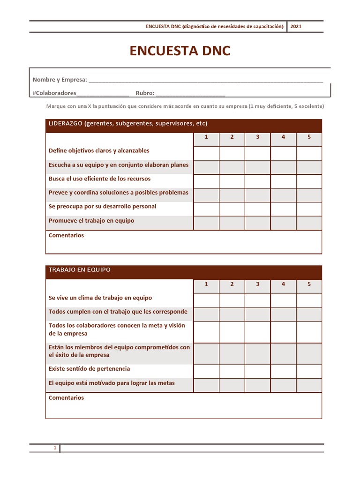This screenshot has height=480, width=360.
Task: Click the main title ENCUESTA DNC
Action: pyautogui.click(x=180, y=51)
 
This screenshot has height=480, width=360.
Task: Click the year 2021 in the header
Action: pyautogui.click(x=296, y=26)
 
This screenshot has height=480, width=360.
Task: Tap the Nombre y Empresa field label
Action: pyautogui.click(x=60, y=80)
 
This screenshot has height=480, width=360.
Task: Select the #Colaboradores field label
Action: pyautogui.click(x=54, y=93)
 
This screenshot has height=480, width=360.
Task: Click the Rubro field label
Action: pyautogui.click(x=145, y=93)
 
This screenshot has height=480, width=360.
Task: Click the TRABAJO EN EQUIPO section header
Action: pyautogui.click(x=80, y=270)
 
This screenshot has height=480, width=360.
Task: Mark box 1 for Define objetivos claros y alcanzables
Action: pyautogui.click(x=206, y=153)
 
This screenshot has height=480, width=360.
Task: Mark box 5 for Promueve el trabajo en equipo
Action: pyautogui.click(x=309, y=223)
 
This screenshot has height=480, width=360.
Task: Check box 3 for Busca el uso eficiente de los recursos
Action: pyautogui.click(x=257, y=181)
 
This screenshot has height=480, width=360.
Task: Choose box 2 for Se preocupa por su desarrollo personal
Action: pyautogui.click(x=232, y=209)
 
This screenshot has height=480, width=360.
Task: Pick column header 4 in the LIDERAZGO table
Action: pyautogui.click(x=283, y=137)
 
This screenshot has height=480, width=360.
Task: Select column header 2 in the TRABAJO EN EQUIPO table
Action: pyautogui.click(x=232, y=284)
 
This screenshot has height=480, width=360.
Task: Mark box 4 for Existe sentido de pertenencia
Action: pyautogui.click(x=283, y=371)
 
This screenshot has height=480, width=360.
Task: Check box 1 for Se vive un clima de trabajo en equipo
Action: pyautogui.click(x=206, y=300)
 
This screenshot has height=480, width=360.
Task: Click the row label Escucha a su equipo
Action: pyautogui.click(x=119, y=165)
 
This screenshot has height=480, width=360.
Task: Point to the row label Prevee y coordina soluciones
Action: pyautogui.click(x=119, y=193)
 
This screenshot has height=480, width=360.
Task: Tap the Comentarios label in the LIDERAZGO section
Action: pyautogui.click(x=66, y=235)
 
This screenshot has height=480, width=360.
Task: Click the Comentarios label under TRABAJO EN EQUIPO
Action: pyautogui.click(x=66, y=397)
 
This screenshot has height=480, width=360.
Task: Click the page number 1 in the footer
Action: pyautogui.click(x=55, y=448)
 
